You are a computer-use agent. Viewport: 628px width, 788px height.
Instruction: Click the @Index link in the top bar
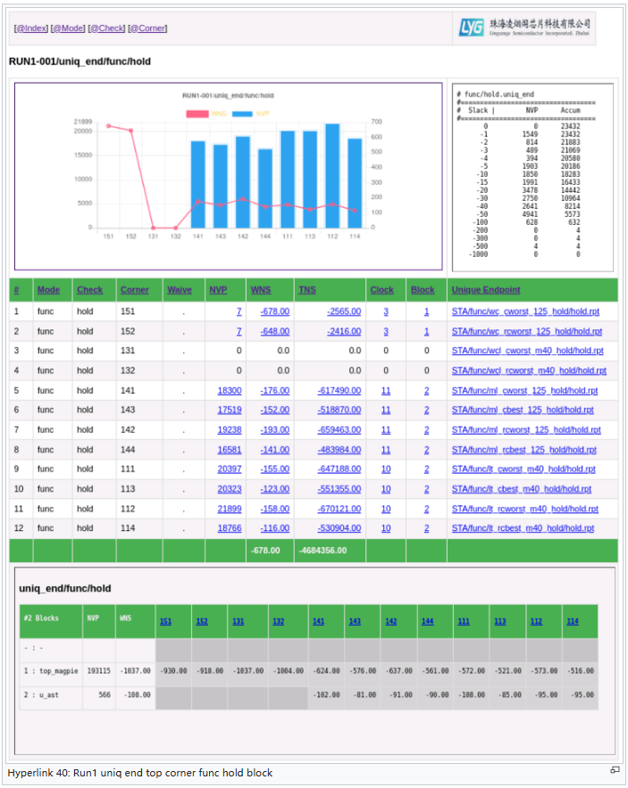point(31,29)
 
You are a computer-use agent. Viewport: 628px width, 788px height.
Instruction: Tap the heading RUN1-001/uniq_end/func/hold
point(80,62)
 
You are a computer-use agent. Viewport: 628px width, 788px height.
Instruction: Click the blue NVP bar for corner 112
point(332,175)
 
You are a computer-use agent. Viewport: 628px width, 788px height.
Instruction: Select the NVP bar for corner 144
point(265,187)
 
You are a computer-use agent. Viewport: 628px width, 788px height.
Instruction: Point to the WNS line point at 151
point(109,126)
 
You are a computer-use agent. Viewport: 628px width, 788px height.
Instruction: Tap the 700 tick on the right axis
point(377,121)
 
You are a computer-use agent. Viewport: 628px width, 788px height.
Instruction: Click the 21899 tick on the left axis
point(82,121)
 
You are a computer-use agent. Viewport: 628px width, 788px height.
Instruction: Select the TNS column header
point(306,290)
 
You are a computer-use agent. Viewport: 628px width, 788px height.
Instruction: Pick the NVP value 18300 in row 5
point(230,390)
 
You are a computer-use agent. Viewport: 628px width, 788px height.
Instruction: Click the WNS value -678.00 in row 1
point(275,311)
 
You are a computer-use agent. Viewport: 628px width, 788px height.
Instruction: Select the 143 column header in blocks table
point(355,621)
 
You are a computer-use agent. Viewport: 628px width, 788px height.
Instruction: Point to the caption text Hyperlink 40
point(45,773)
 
